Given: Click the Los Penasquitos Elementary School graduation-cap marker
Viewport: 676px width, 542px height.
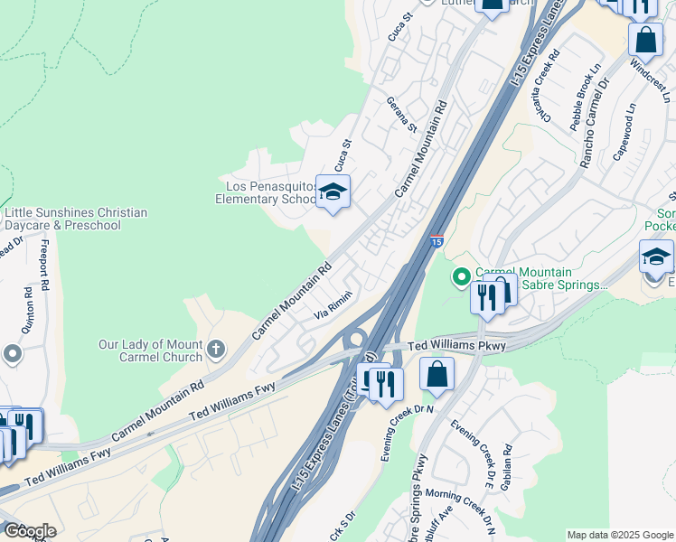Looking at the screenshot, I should click(333, 192).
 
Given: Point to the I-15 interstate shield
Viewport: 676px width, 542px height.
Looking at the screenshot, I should click(437, 241).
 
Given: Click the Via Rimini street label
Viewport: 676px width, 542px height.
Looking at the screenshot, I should click(333, 309).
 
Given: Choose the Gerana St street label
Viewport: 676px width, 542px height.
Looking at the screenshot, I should click(401, 115).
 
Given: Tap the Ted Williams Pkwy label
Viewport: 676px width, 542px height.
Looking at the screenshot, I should click(457, 345).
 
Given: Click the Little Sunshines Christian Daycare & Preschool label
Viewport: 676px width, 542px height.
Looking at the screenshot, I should click(76, 219).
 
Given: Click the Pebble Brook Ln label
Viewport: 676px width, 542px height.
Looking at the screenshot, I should click(583, 98).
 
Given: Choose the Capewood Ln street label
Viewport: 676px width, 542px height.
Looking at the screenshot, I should click(625, 131).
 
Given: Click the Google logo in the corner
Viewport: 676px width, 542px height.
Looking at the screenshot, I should click(30, 531).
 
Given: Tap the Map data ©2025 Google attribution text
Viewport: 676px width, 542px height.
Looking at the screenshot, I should click(619, 535).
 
